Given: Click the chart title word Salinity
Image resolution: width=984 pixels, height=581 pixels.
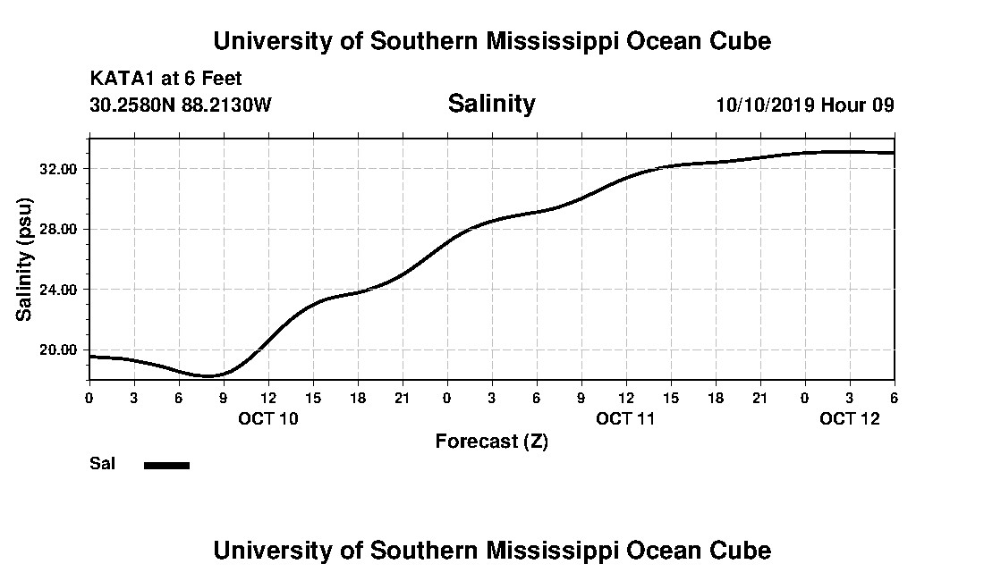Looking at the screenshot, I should tap(491, 104).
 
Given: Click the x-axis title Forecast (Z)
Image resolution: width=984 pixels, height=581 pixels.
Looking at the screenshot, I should tap(491, 441).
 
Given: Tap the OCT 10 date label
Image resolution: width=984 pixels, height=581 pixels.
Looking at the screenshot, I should tap(268, 418).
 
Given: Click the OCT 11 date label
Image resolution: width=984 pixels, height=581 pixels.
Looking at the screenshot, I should tap(626, 418).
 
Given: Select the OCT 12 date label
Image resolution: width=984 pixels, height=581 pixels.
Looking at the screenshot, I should tap(850, 418).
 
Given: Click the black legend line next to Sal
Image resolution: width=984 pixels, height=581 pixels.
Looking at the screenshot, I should tap(166, 465).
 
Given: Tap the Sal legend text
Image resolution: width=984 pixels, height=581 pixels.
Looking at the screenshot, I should tap(102, 464).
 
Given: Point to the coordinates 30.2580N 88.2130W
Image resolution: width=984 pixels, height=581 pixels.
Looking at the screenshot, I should tap(181, 105).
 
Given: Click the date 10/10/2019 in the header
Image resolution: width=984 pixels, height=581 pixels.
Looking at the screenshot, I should tap(764, 105).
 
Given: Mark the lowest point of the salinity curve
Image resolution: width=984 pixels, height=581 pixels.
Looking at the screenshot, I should tap(208, 375).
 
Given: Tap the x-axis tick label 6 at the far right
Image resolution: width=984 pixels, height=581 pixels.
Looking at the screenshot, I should tap(894, 397).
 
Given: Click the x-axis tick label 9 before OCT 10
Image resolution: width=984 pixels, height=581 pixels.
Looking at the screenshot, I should tap(224, 397).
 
